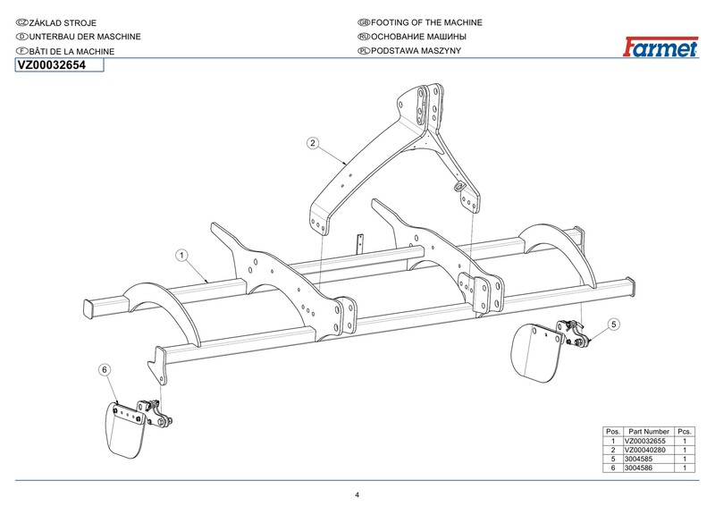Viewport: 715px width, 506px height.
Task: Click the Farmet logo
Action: pyautogui.click(x=660, y=46)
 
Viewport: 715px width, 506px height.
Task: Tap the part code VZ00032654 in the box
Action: pyautogui.click(x=52, y=65)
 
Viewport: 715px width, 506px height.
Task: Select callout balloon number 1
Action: pyautogui.click(x=182, y=255)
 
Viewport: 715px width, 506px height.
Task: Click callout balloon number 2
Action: pyautogui.click(x=312, y=143)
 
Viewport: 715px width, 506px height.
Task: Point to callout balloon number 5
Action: pyautogui.click(x=614, y=325)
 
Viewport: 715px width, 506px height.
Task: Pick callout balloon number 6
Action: pyautogui.click(x=105, y=369)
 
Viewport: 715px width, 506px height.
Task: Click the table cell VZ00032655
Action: pyautogui.click(x=644, y=442)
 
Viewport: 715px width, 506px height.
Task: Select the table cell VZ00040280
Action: pyautogui.click(x=644, y=450)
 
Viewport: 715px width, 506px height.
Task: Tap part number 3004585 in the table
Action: pyautogui.click(x=638, y=459)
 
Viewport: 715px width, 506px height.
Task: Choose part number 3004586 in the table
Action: pyautogui.click(x=638, y=468)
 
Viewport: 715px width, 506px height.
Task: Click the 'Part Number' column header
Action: pyautogui.click(x=649, y=432)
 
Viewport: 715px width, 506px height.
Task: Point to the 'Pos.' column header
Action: pyautogui.click(x=613, y=432)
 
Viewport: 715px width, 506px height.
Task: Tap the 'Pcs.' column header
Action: pyautogui.click(x=685, y=432)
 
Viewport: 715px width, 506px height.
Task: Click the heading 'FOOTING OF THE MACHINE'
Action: pyautogui.click(x=426, y=22)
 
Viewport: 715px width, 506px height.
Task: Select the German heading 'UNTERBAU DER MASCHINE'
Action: pyautogui.click(x=85, y=37)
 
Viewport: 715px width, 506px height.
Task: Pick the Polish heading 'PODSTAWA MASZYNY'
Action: pyautogui.click(x=416, y=51)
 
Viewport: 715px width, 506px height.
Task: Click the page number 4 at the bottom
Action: pyautogui.click(x=357, y=495)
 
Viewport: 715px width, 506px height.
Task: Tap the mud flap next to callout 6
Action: pyautogui.click(x=125, y=430)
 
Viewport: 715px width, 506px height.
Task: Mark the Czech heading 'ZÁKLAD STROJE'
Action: pyautogui.click(x=63, y=23)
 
